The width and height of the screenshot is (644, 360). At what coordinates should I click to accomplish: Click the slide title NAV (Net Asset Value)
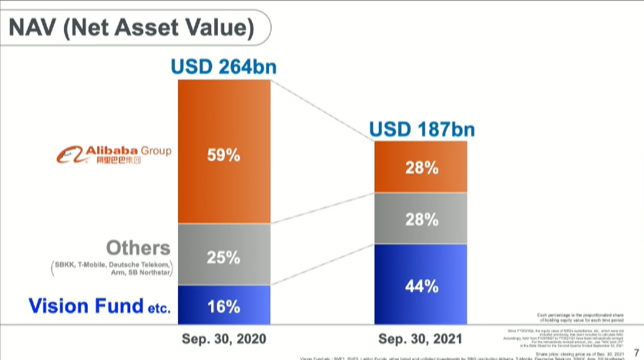pyautogui.click(x=131, y=29)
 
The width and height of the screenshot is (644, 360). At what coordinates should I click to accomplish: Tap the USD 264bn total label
pyautogui.click(x=223, y=67)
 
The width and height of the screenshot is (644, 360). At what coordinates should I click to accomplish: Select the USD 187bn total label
pyautogui.click(x=421, y=129)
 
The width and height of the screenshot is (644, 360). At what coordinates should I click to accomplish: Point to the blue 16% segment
pyautogui.click(x=223, y=306)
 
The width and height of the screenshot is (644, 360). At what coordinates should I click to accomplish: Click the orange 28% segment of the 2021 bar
pyautogui.click(x=421, y=167)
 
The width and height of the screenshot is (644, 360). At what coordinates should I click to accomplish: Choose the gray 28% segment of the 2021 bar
pyautogui.click(x=421, y=219)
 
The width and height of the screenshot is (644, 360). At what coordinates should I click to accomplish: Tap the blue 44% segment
pyautogui.click(x=421, y=285)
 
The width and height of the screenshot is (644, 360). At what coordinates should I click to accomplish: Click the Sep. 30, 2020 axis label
pyautogui.click(x=223, y=338)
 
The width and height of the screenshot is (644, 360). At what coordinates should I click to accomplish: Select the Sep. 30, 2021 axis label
pyautogui.click(x=421, y=338)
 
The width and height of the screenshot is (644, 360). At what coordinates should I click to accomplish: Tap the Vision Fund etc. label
pyautogui.click(x=99, y=306)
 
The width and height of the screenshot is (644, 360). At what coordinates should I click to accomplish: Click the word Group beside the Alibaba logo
pyautogui.click(x=156, y=150)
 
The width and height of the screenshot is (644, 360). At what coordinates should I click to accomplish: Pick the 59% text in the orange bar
pyautogui.click(x=223, y=155)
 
